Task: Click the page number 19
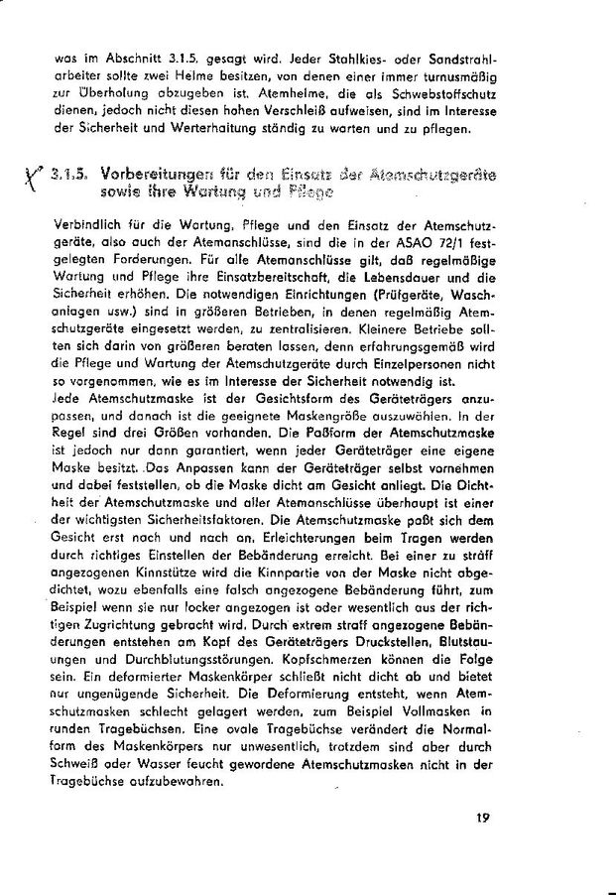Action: coord(484,819)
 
